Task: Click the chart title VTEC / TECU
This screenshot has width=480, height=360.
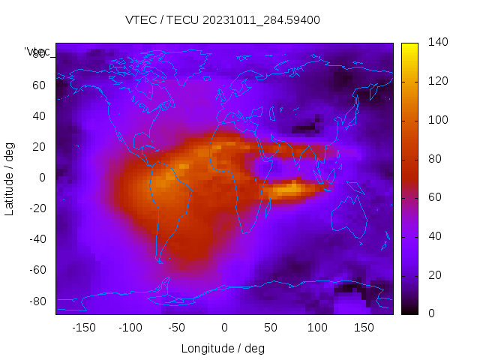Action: (223, 20)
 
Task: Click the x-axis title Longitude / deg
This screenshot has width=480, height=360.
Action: (223, 348)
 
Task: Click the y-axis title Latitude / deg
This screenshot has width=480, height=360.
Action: (10, 178)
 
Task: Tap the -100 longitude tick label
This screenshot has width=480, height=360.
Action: (130, 327)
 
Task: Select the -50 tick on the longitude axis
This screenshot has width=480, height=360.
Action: (177, 327)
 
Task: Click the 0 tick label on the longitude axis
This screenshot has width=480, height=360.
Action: (224, 327)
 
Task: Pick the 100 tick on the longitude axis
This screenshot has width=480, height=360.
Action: (317, 327)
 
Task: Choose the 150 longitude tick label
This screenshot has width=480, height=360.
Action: (364, 327)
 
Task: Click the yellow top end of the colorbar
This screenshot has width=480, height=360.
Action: (409, 46)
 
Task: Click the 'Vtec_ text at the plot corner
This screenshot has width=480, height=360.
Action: (37, 52)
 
